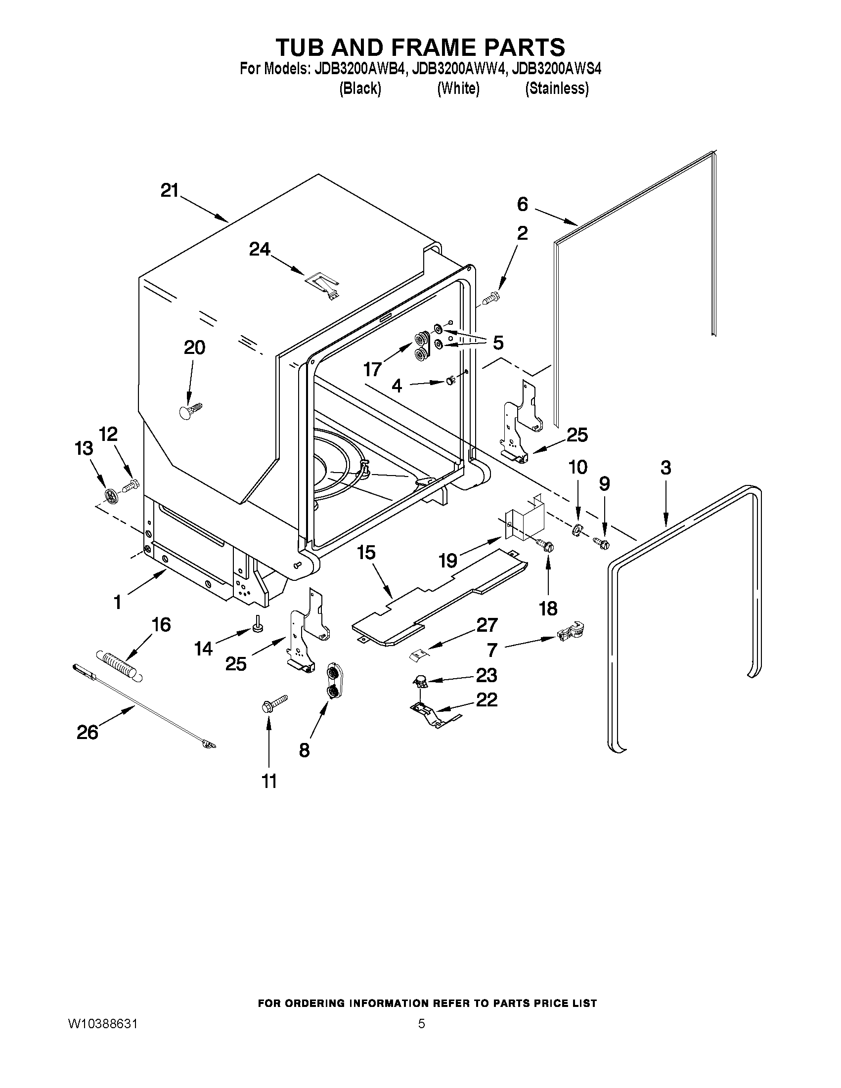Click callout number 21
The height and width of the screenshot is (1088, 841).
coord(170,190)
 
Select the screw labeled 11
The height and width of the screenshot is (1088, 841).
coord(274,703)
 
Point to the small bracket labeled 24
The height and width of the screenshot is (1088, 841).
coord(323,285)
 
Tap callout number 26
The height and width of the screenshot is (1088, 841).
coord(87,732)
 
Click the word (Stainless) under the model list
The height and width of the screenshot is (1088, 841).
coord(557,88)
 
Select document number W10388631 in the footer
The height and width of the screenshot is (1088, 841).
coord(103,1024)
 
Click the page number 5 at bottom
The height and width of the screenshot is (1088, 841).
coord(422,1024)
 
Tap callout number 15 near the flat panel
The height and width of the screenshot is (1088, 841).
coord(366,553)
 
